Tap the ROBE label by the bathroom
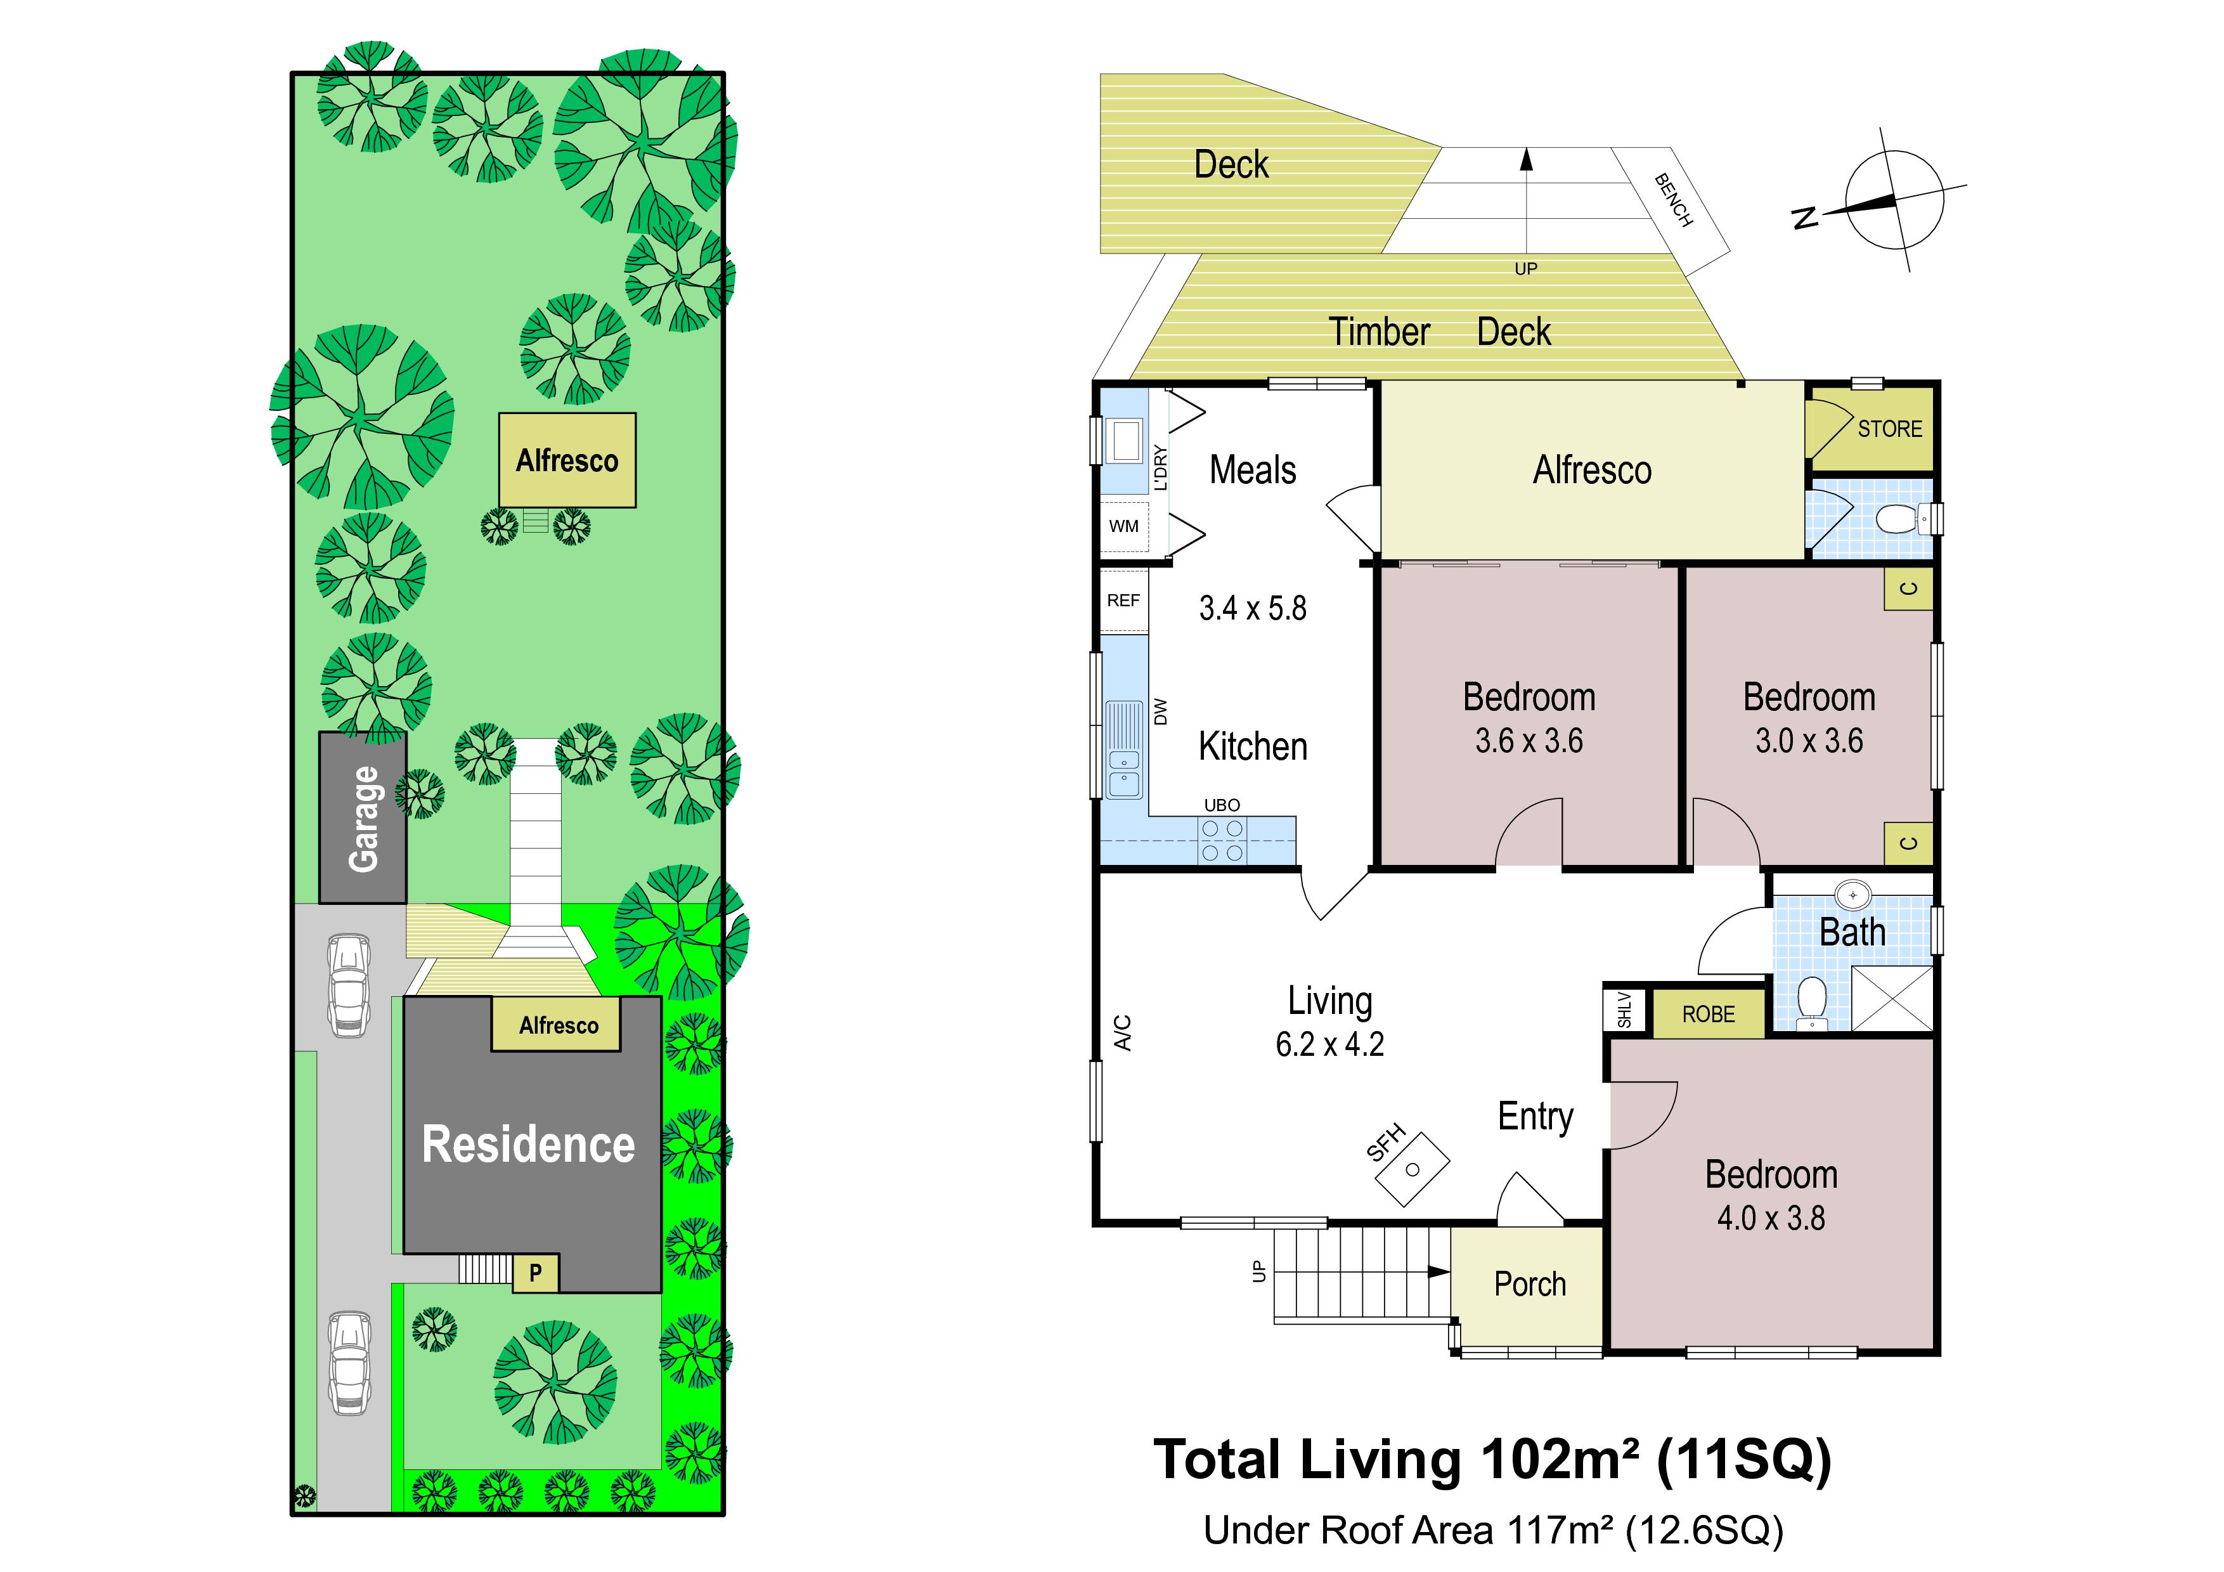click(1708, 1014)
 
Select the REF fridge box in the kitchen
click(1123, 601)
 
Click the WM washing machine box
click(1123, 526)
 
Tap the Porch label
click(1530, 1284)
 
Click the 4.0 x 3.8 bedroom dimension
click(1771, 1218)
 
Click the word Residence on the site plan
click(528, 1145)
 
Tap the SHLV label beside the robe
click(1624, 1010)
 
